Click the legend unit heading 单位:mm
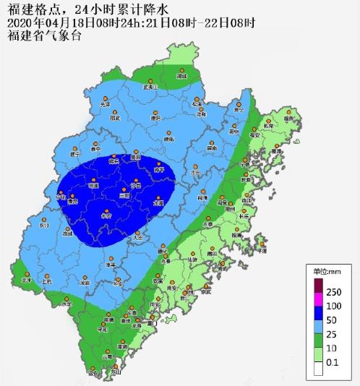326,271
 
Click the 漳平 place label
111,267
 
